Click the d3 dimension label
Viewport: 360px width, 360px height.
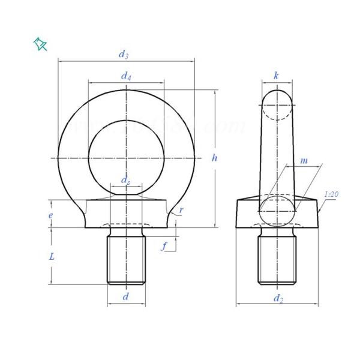pos(124,54)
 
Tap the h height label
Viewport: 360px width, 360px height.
pos(215,158)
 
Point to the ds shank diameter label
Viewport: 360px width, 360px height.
pos(126,181)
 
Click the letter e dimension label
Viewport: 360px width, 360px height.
pos(51,214)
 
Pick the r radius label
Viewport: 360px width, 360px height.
pos(181,211)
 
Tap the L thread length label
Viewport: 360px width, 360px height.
pos(52,256)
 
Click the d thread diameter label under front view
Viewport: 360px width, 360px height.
pos(125,296)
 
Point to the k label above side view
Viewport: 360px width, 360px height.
pos(276,76)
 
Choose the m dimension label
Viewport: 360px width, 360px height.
pos(304,161)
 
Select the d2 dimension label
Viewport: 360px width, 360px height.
pos(277,298)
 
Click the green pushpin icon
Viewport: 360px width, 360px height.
pos(41,44)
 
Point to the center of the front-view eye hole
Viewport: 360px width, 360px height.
pos(126,157)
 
